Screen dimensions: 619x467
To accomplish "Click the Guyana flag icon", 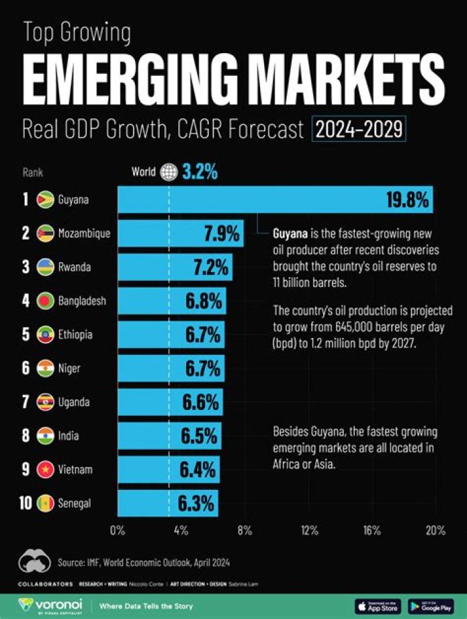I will click(45, 199).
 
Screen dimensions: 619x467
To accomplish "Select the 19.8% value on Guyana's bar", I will click(407, 200).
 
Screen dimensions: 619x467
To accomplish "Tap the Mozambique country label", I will click(84, 233).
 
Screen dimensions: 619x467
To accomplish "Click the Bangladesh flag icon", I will click(45, 301).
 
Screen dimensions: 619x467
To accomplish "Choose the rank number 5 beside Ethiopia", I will click(26, 335).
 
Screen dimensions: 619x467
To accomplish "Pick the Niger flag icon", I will click(45, 369).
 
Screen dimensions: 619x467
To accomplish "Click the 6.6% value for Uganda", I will click(200, 402).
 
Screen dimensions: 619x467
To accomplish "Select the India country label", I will click(68, 436).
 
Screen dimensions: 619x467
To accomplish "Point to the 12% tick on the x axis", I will click(309, 531).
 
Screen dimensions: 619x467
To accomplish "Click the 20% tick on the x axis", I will click(435, 531).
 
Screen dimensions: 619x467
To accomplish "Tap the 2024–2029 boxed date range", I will click(359, 130).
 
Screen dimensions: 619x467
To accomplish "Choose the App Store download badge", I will click(379, 606).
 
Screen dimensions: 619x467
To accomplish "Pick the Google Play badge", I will click(431, 606).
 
